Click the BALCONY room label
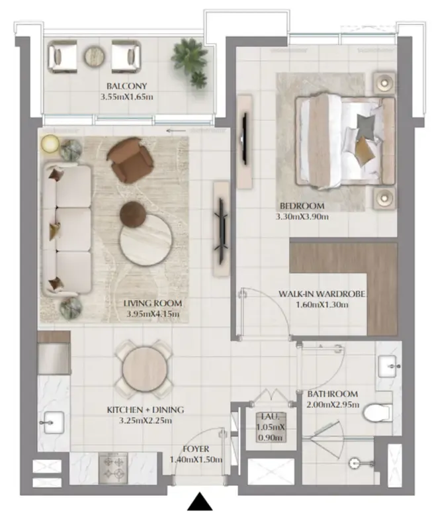pos(126,86)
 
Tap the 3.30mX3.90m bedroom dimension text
pos(302,216)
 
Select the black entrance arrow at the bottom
pos(200,502)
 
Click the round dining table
pos(144,370)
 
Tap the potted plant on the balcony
pos(190,63)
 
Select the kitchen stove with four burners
pos(113,468)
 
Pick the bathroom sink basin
pos(389,366)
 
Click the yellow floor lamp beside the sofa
pos(50,144)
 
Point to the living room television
pos(222,229)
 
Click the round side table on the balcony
pos(94,56)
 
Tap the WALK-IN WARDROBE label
pos(322,294)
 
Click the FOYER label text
pos(196,449)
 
